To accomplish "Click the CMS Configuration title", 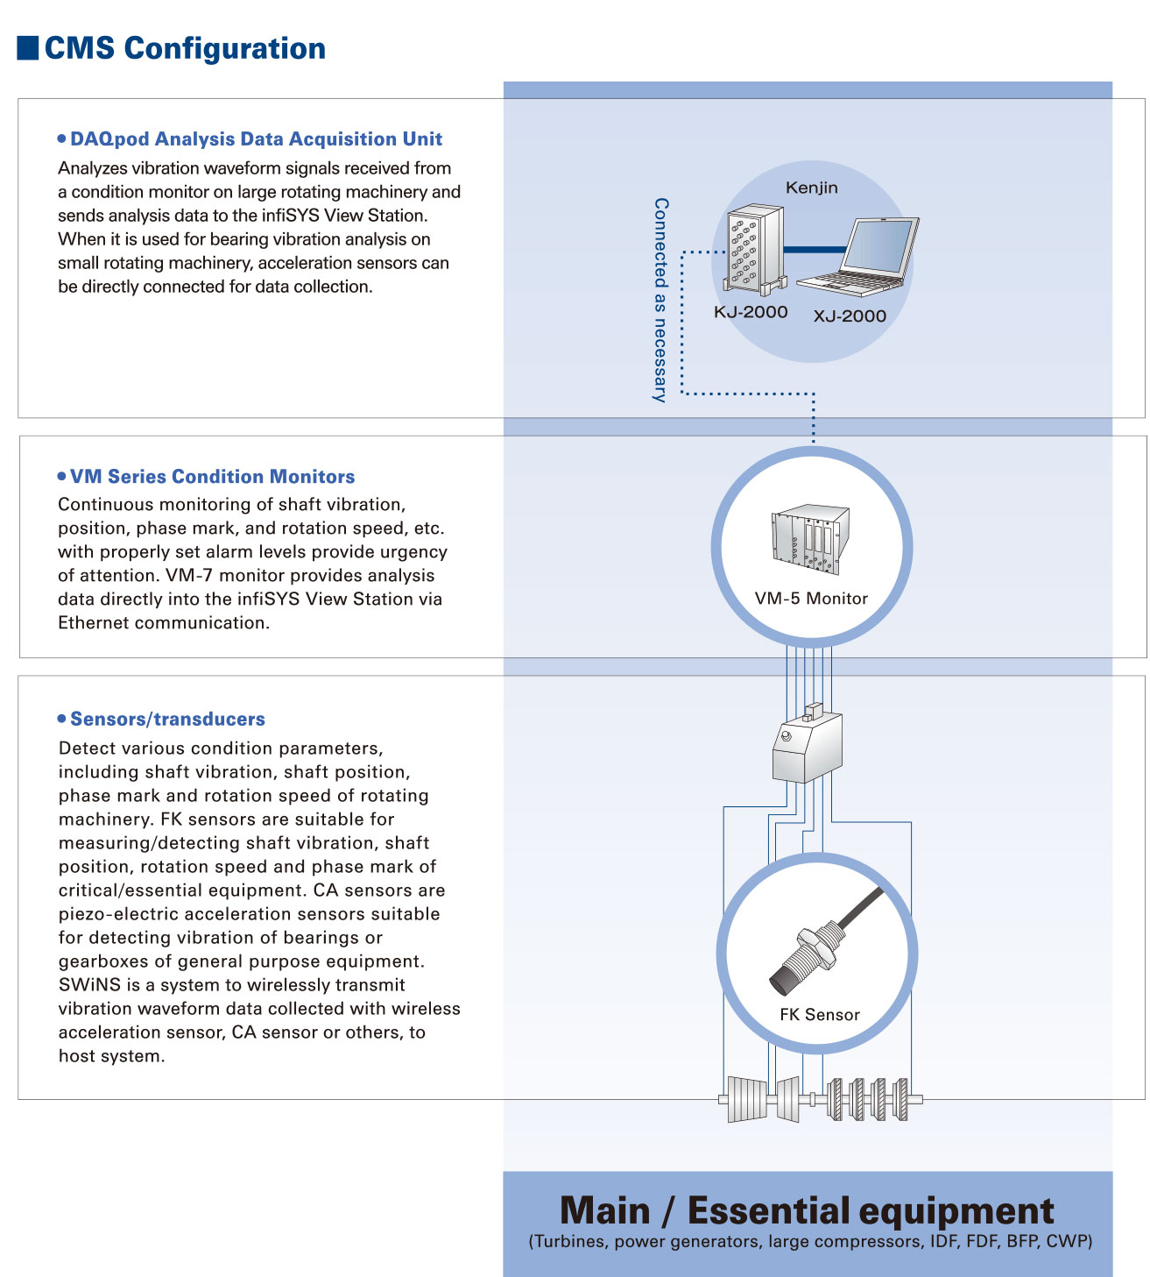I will click(x=185, y=48).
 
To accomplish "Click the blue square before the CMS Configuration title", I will click(x=28, y=47).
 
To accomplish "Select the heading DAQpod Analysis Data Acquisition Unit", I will click(x=256, y=139).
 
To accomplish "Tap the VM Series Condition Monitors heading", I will click(x=212, y=477).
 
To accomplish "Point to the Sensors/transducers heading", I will click(x=167, y=720).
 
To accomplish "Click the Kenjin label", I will click(x=811, y=188).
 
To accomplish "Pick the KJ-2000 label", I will click(x=751, y=312).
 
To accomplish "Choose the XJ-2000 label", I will click(x=850, y=316).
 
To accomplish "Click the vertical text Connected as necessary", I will click(x=660, y=300).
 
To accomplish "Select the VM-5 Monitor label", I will click(x=811, y=599).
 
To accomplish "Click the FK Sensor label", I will click(x=820, y=1015).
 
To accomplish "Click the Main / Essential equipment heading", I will click(x=807, y=1210).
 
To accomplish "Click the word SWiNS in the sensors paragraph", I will click(x=89, y=985).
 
